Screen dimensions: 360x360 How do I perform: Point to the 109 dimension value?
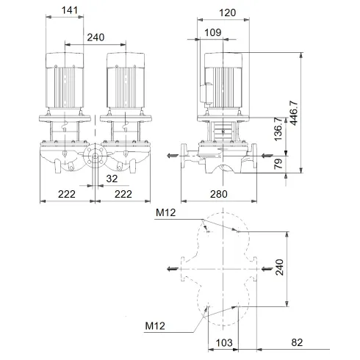pos(212,32)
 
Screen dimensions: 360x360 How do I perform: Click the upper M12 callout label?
pos(166,214)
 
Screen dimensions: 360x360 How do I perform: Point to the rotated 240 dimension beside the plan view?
pos(278,269)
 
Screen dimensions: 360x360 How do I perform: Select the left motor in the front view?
pos(65,81)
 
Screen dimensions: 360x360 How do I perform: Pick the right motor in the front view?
pos(122,81)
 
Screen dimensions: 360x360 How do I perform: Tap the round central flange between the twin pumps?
pos(93,156)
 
